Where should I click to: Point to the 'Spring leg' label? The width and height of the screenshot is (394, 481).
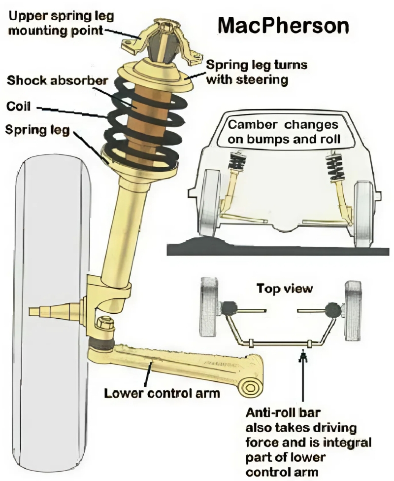[37, 130]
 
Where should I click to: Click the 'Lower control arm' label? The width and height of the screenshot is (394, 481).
[162, 394]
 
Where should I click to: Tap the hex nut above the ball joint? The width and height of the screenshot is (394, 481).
[104, 324]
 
